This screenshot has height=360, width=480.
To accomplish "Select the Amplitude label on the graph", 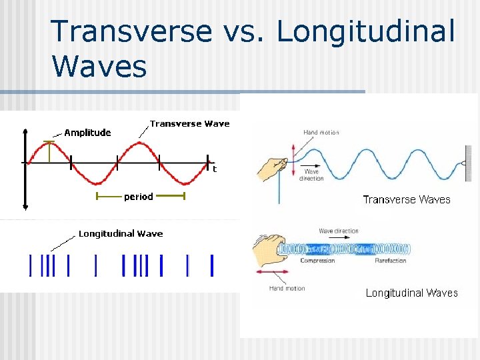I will coord(87,133).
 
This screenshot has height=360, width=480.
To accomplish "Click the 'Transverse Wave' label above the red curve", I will coord(189,123).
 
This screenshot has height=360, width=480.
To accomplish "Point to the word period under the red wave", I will coord(139,197).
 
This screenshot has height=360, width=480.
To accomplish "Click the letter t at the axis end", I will coord(215,169).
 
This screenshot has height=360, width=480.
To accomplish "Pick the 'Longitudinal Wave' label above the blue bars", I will coord(121,233).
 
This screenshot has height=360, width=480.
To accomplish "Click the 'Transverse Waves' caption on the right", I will coord(406,199).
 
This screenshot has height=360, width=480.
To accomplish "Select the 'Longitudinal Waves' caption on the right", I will coord(411,293).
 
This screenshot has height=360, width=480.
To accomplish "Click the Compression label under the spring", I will coord(317,261).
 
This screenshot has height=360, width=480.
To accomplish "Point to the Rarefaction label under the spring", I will coord(390,261).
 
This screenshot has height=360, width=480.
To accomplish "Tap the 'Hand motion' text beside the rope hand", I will coord(321,133).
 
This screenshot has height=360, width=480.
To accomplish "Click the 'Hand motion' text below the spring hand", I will coord(287,288).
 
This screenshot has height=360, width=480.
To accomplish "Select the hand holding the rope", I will coord(271,166).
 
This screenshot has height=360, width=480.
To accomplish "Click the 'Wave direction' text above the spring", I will coord(338,231).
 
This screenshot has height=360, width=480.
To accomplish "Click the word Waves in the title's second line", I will coord(99,67).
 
